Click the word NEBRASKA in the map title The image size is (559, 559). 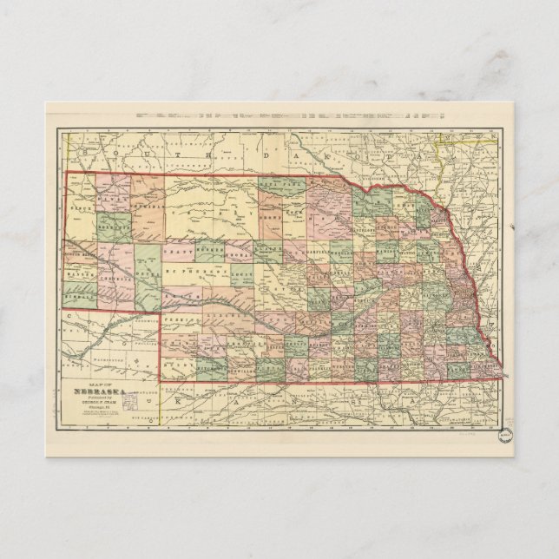point(104,390)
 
